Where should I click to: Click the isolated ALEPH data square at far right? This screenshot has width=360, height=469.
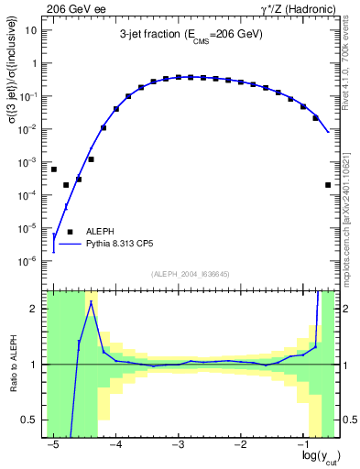pos(328,185)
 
